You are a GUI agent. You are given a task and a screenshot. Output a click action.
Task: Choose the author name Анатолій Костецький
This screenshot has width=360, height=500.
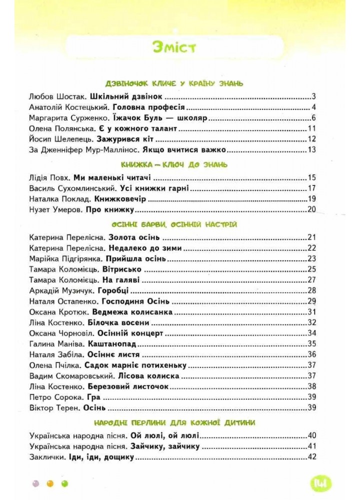pos(69,107)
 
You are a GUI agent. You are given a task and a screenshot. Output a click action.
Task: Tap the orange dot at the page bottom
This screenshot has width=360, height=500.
pos(49,483)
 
